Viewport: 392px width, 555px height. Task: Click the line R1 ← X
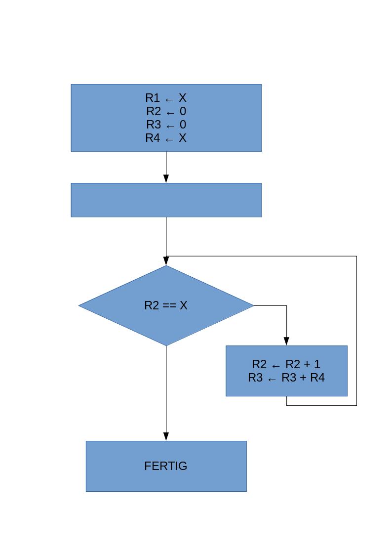point(166,98)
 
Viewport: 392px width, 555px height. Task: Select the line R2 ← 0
point(166,111)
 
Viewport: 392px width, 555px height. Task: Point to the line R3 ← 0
point(166,125)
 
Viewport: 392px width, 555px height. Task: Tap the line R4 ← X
point(166,138)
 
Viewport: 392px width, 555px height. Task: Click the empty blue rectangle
point(166,200)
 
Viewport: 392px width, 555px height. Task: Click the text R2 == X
point(166,305)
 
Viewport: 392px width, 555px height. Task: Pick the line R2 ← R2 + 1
point(286,364)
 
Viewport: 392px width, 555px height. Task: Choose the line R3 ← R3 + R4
point(286,378)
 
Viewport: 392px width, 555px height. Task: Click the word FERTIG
point(166,466)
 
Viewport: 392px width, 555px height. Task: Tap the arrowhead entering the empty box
point(166,179)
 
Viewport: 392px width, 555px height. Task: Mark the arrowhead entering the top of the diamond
point(166,261)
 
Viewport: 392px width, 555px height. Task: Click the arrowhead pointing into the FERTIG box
point(166,437)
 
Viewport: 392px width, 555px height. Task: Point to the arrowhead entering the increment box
point(287,342)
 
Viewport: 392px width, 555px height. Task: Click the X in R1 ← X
point(183,98)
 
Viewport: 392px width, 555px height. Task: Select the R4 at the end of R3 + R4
point(317,378)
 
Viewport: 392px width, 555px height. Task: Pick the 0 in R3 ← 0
point(183,125)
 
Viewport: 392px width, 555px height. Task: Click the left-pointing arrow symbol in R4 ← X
point(169,139)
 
